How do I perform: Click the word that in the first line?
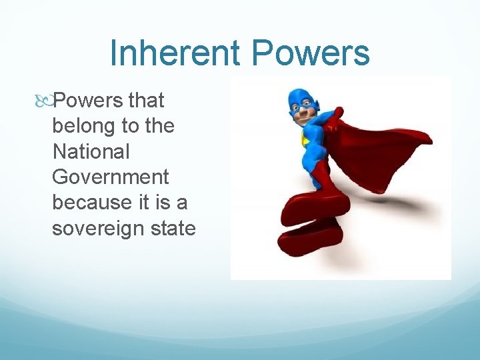tap(146, 101)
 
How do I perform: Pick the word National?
tap(91, 151)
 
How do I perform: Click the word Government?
tap(111, 177)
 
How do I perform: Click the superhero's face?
tap(303, 111)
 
